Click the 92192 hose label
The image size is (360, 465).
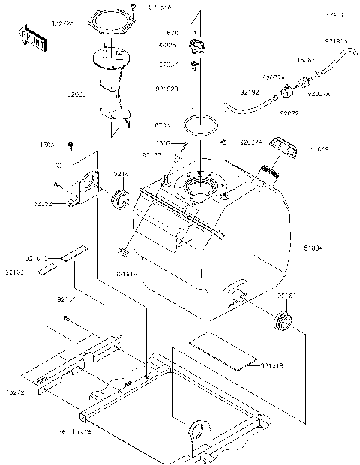pos(250,93)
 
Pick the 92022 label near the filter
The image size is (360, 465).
pos(289,113)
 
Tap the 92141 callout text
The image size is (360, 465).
pos(123,174)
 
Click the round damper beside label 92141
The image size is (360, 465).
pos(121,199)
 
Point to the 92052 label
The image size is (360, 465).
pos(43,202)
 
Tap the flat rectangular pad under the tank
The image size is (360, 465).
pos(217,349)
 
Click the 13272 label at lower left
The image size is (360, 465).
pos(15,392)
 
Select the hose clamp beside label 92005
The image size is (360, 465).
pos(197,48)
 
